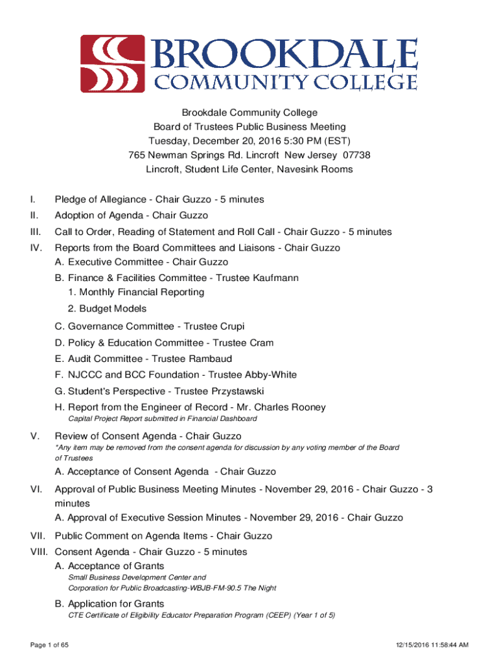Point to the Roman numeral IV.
[x=36, y=248]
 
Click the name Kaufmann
[x=257, y=278]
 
